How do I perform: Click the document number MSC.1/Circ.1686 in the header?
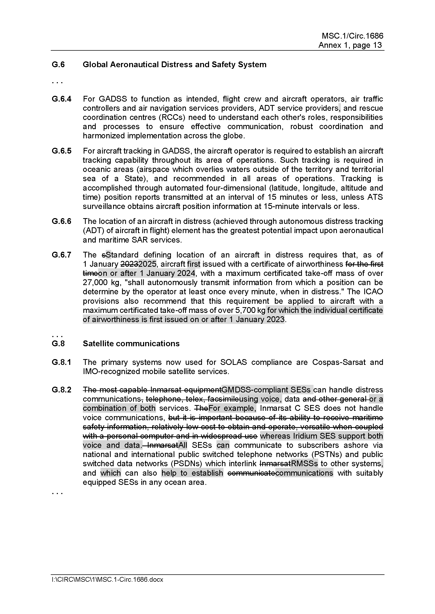[352, 36]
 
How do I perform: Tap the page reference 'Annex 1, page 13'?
[350, 45]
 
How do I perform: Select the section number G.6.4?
[62, 99]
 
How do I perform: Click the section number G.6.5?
[62, 151]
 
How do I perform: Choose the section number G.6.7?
[62, 255]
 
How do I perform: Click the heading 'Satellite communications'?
[131, 343]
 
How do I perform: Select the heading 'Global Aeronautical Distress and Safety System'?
[174, 65]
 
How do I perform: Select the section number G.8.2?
[62, 390]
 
